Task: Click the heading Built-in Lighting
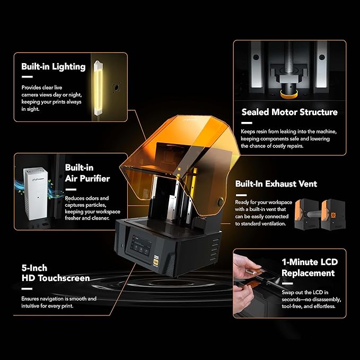click(54, 67)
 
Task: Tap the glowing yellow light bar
click(98, 88)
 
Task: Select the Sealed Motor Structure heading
click(289, 112)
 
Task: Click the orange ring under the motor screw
click(289, 94)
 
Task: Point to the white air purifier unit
click(36, 194)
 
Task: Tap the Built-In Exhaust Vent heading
click(276, 183)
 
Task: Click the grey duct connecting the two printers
click(314, 214)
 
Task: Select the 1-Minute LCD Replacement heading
click(310, 267)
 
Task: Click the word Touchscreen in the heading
click(64, 278)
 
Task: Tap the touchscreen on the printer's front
click(141, 245)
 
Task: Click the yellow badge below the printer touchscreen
click(156, 261)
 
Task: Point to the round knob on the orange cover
click(220, 201)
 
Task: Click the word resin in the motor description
click(261, 131)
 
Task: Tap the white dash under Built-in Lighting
click(27, 77)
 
